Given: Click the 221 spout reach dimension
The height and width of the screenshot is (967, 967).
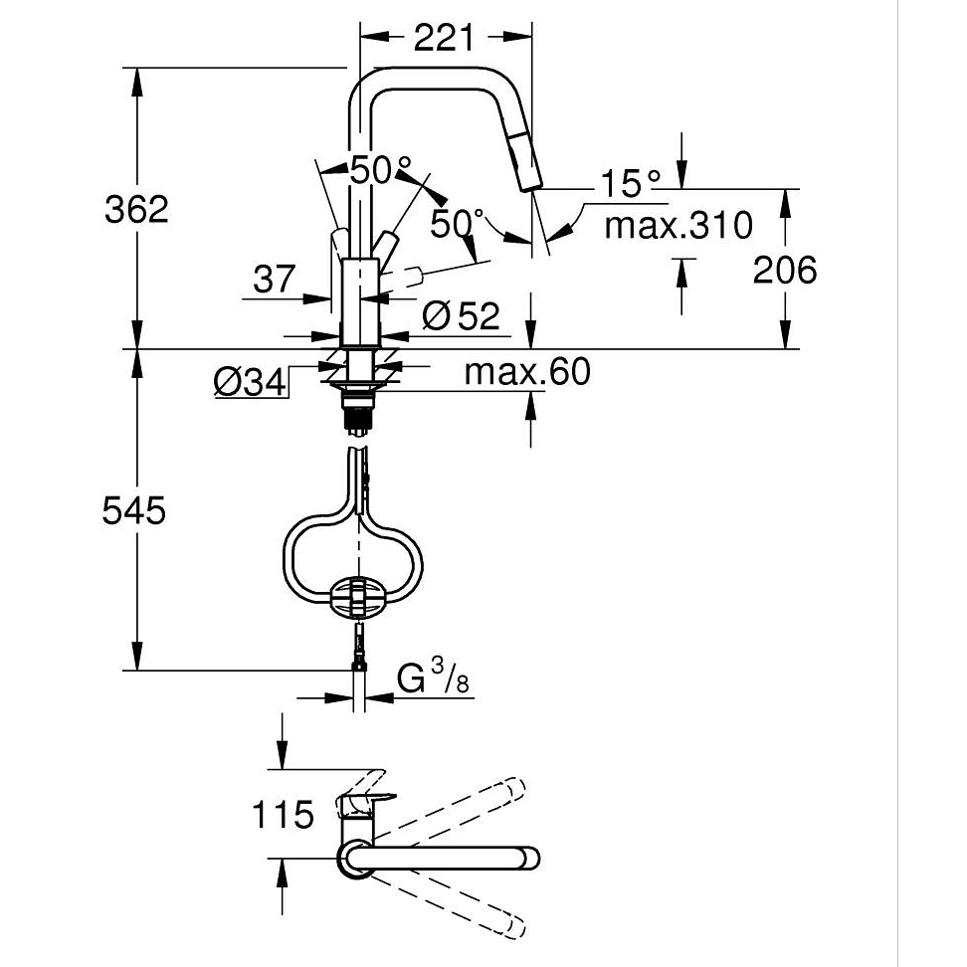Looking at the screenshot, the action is (444, 38).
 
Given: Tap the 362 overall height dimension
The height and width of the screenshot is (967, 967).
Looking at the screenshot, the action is (136, 209).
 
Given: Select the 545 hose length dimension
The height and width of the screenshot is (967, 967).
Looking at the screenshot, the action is (134, 510).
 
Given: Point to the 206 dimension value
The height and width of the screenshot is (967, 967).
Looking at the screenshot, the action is (785, 271).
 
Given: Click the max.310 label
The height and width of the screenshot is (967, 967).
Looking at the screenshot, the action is (678, 225).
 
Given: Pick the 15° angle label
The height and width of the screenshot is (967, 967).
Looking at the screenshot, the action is (630, 183).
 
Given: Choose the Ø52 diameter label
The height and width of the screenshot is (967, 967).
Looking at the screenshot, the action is (461, 315).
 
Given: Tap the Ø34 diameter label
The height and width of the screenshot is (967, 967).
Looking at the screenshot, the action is (251, 382).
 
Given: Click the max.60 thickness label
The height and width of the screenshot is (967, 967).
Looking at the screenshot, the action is (527, 371).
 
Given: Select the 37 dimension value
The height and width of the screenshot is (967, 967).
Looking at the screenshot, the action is (275, 280).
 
